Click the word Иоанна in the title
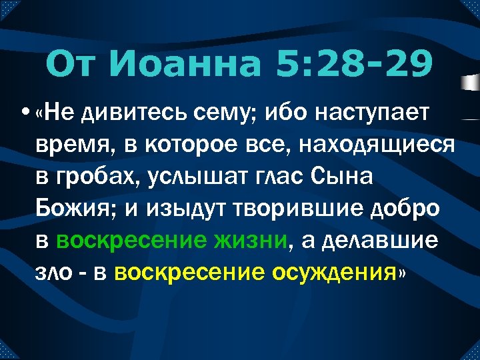pos(189,65)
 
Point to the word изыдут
pos(187,209)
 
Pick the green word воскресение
pos(129,239)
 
